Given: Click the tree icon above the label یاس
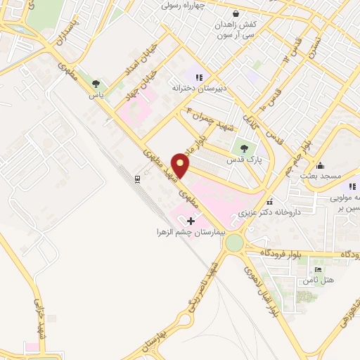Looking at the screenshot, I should [96, 84].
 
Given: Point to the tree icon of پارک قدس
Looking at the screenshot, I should [244, 148].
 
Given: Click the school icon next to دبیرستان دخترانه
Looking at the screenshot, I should [200, 77].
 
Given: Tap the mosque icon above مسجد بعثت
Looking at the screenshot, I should [321, 166].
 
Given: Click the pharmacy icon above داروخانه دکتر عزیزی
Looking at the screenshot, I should [270, 201].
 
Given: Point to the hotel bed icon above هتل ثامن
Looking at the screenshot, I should [318, 269].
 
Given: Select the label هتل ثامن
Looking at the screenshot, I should [316, 281].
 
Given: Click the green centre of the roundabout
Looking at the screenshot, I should [234, 243].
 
